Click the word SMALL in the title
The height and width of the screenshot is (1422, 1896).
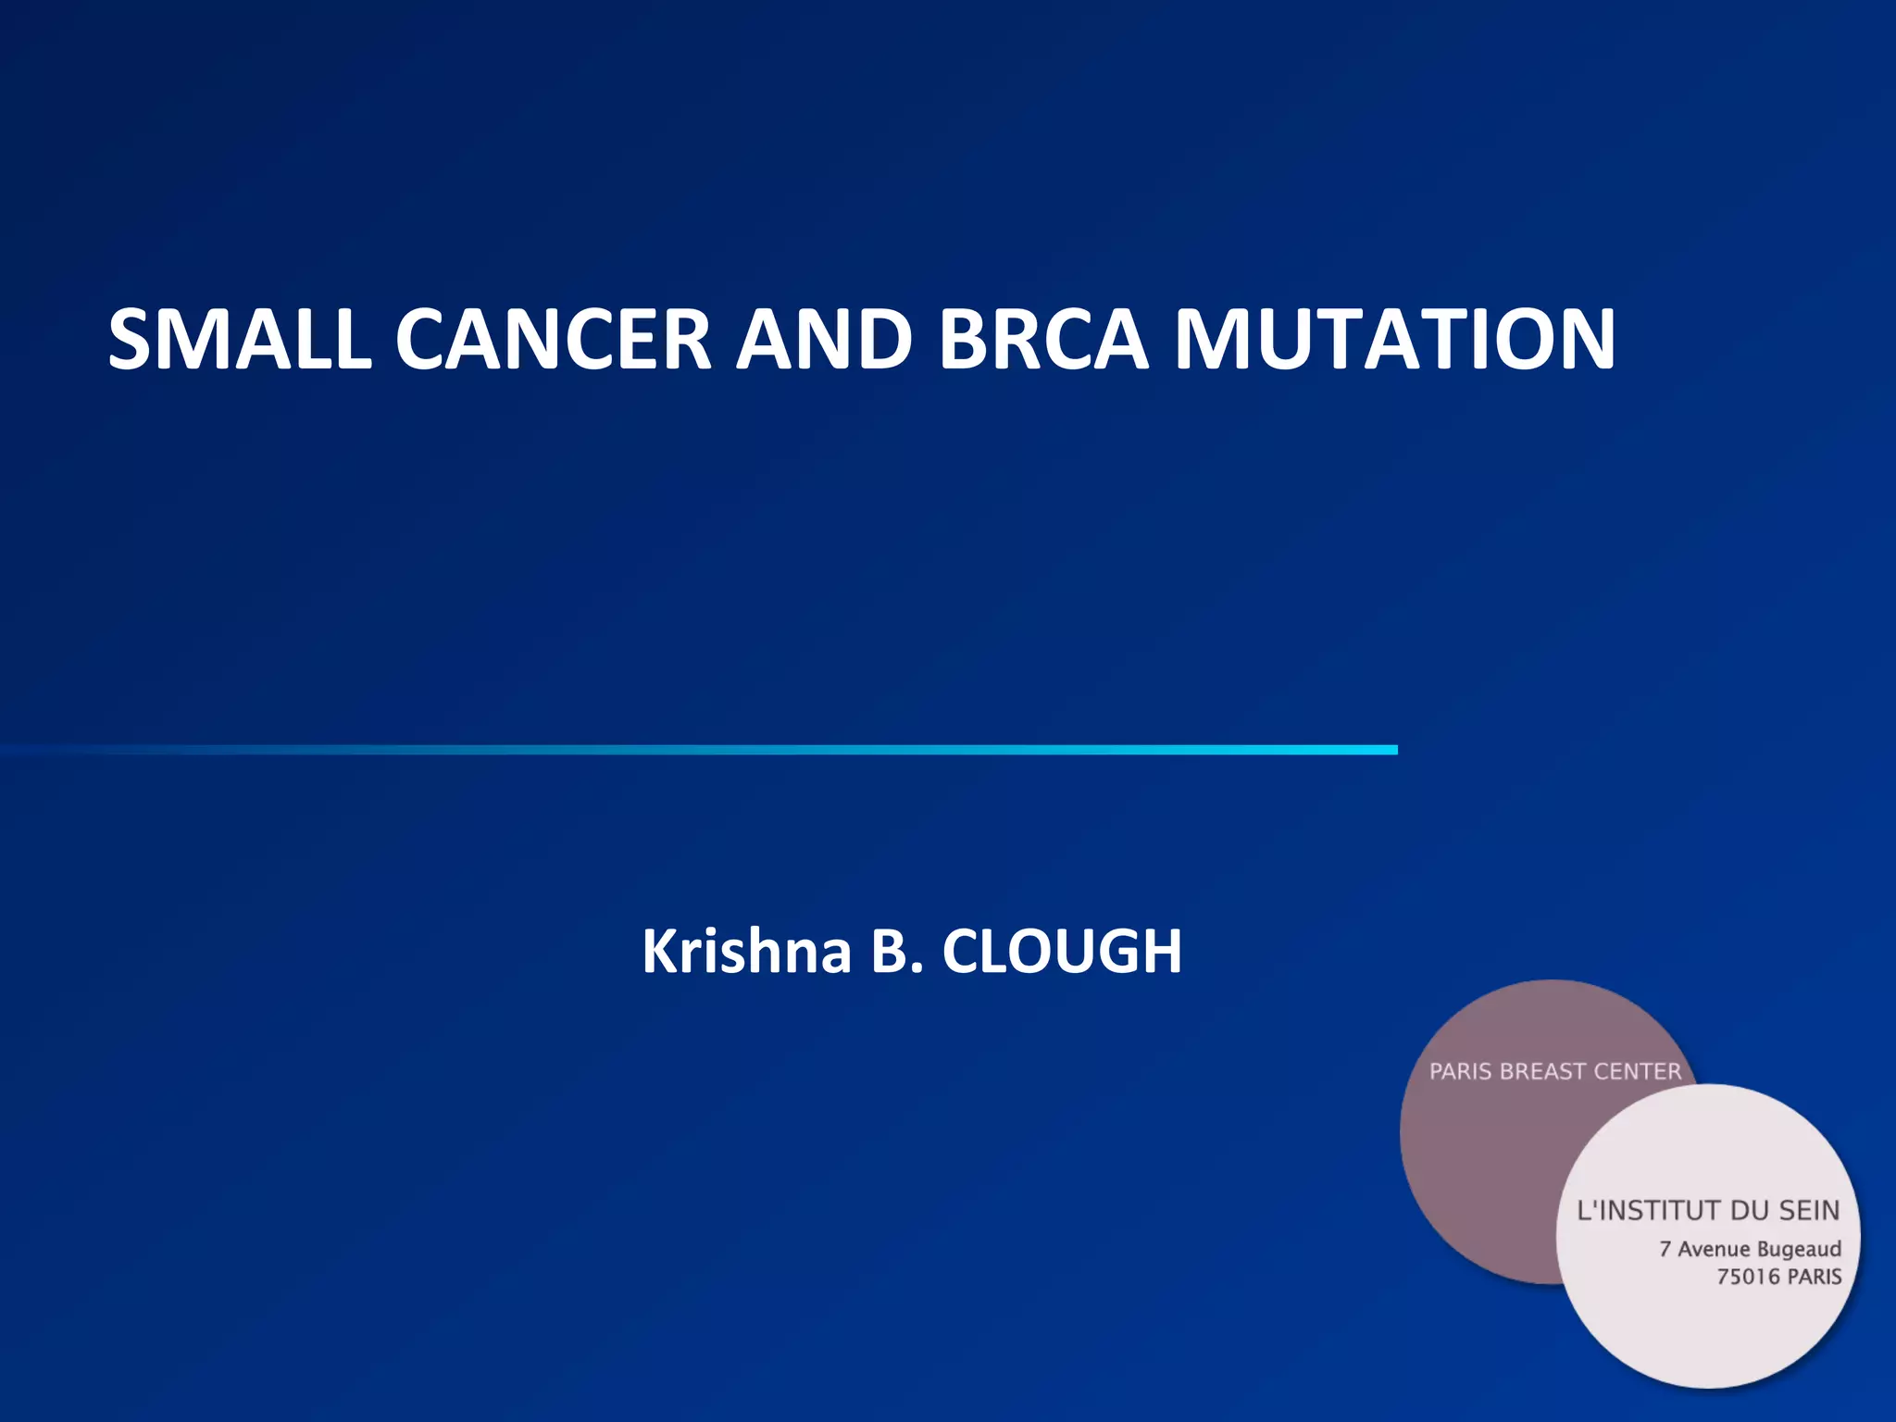click(x=239, y=340)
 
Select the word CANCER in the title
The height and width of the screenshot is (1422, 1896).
click(x=553, y=340)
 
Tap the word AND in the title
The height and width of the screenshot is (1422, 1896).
click(x=824, y=340)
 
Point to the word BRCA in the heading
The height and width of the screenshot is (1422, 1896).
click(x=1043, y=340)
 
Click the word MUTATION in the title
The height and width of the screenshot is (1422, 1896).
click(x=1394, y=340)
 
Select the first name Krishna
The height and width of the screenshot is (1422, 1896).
click(x=746, y=952)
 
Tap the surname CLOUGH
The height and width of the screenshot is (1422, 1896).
click(x=1062, y=952)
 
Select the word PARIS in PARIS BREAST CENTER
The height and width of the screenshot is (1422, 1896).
click(x=1461, y=1072)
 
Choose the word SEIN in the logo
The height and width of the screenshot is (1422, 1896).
click(x=1808, y=1211)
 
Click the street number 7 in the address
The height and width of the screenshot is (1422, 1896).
click(x=1665, y=1250)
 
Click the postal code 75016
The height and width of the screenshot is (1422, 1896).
click(x=1748, y=1278)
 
